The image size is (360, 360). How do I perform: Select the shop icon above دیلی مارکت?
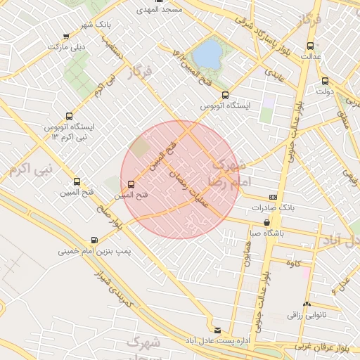(x=66, y=37)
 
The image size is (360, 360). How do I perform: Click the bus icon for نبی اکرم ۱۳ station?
(x=69, y=116)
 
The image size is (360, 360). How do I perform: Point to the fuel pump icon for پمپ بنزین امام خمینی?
(x=94, y=240)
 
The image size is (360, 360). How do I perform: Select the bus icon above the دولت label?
(x=324, y=80)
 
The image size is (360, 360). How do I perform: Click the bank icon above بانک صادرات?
(x=273, y=198)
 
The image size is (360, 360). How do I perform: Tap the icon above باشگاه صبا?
(x=266, y=222)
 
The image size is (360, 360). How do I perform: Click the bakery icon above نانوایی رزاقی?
(x=296, y=304)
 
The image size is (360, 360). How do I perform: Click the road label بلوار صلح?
(x=112, y=225)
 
